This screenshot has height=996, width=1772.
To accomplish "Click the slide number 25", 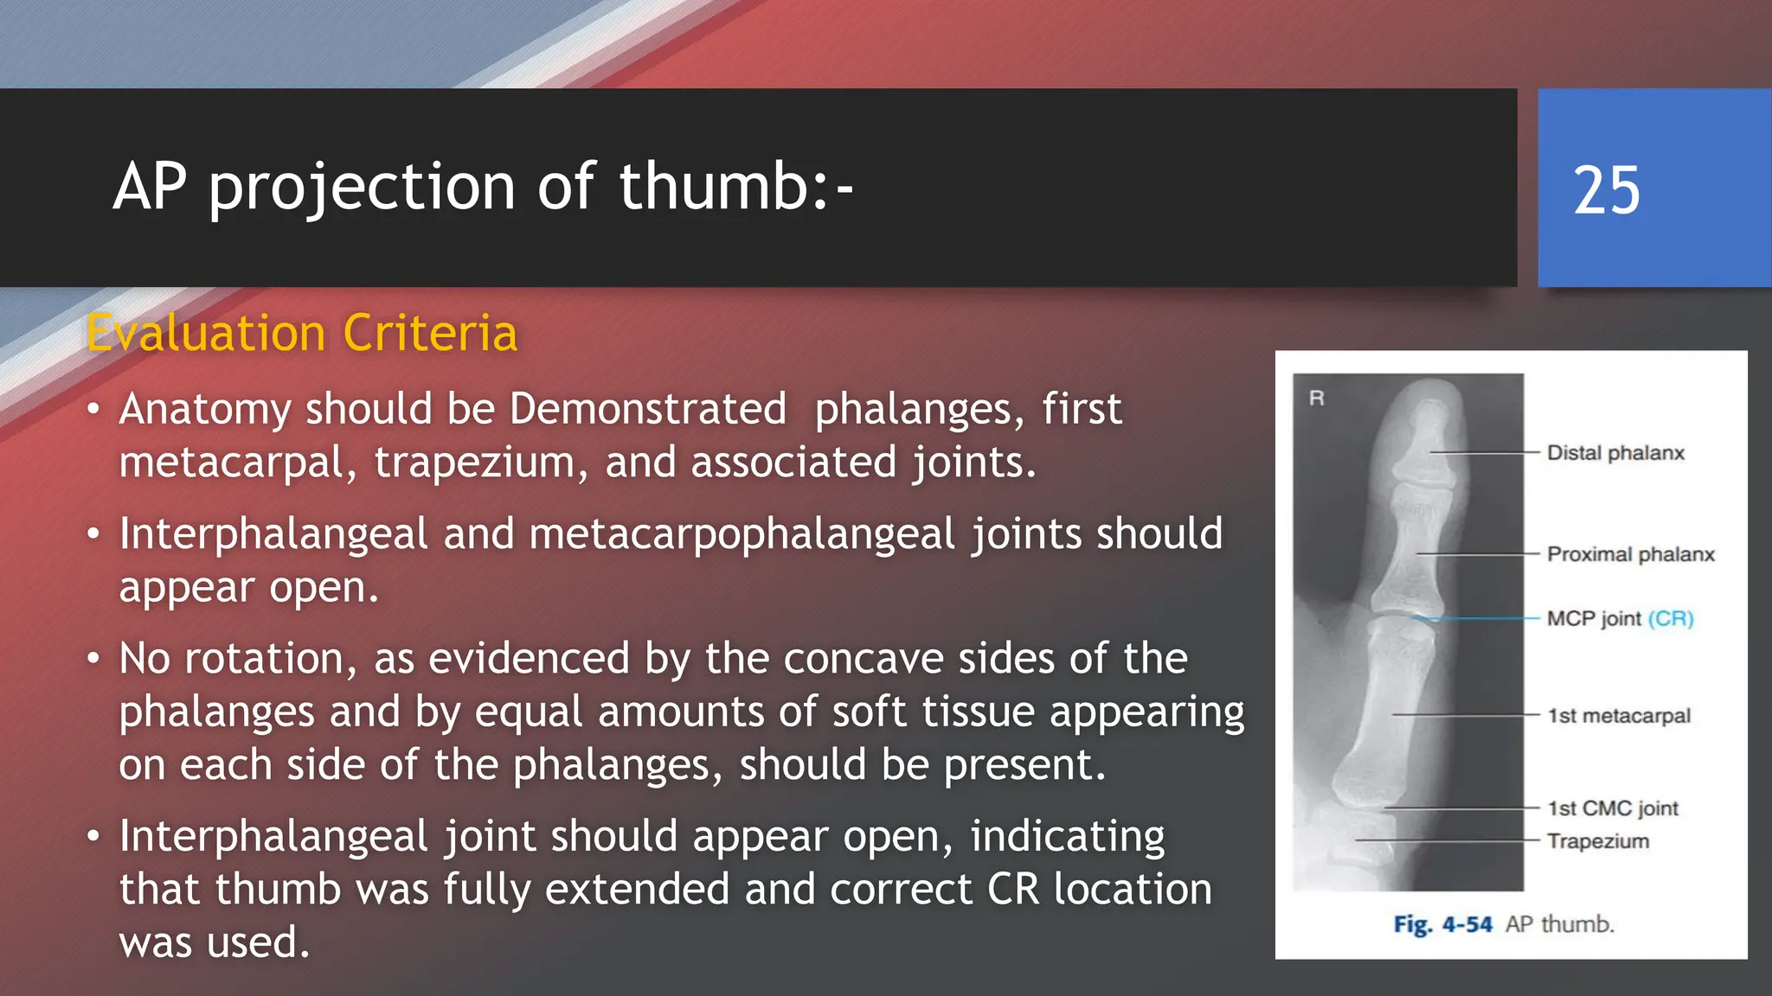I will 1606,190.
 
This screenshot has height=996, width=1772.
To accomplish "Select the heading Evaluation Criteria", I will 302,333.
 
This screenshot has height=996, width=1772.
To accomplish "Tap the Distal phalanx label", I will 1615,453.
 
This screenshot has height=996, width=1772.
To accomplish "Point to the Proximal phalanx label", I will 1630,554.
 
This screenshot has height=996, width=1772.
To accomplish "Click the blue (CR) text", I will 1670,619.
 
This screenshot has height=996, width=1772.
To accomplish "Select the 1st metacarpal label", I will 1618,716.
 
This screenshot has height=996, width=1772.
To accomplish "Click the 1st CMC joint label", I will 1613,808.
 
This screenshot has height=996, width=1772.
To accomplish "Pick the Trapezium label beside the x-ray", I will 1597,841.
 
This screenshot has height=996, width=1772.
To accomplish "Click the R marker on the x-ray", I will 1317,399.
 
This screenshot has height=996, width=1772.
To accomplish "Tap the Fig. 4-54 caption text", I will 1442,924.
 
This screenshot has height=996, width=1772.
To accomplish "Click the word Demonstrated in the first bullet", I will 647,408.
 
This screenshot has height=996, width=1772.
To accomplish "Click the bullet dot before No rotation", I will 93,660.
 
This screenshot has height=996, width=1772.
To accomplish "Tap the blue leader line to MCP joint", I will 1480,619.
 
